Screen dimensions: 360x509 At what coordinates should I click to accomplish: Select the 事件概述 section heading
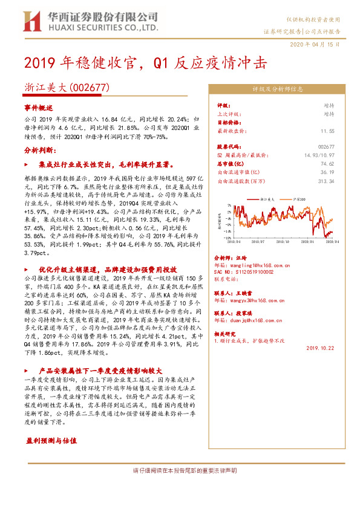(39, 107)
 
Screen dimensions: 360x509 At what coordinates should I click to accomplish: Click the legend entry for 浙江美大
(264, 198)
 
